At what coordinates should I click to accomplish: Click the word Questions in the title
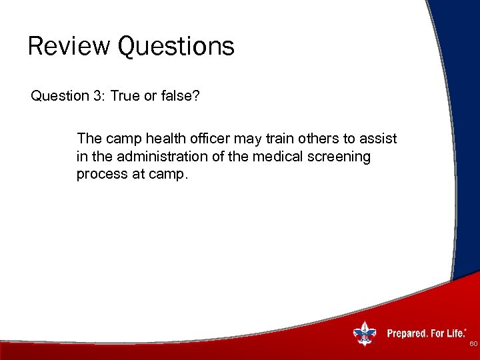click(x=176, y=47)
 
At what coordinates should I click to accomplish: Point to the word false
click(x=175, y=96)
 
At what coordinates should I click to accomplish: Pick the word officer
click(x=221, y=139)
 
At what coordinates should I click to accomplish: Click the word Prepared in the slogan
click(x=406, y=333)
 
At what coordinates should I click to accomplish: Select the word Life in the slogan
click(x=455, y=333)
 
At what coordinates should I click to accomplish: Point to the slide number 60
click(x=473, y=344)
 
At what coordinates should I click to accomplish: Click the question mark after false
click(x=197, y=96)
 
